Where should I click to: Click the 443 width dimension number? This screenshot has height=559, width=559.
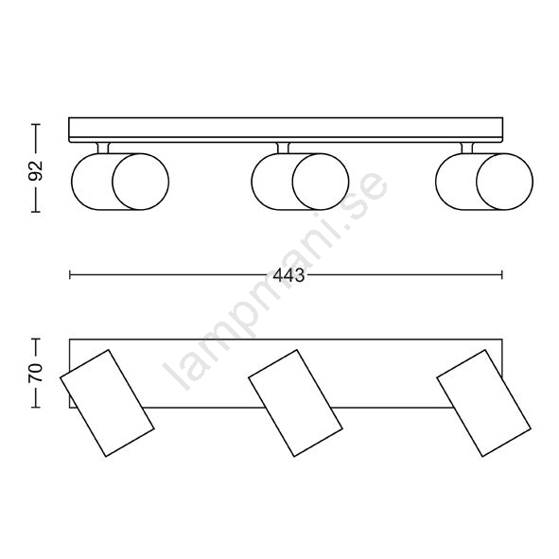pyautogui.click(x=288, y=275)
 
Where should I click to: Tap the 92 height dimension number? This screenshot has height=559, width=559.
pyautogui.click(x=36, y=171)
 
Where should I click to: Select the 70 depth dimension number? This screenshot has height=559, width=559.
pyautogui.click(x=36, y=374)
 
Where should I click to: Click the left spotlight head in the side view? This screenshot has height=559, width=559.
pyautogui.click(x=120, y=182)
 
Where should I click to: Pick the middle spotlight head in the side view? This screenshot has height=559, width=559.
pyautogui.click(x=300, y=182)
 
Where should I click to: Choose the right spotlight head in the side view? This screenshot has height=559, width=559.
pyautogui.click(x=484, y=182)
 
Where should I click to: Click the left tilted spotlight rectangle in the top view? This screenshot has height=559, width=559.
pyautogui.click(x=107, y=403)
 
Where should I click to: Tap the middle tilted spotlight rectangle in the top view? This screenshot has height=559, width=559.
pyautogui.click(x=295, y=403)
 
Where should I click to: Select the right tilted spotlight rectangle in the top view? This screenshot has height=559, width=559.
pyautogui.click(x=483, y=403)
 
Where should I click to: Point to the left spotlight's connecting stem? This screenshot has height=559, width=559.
pyautogui.click(x=103, y=148)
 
